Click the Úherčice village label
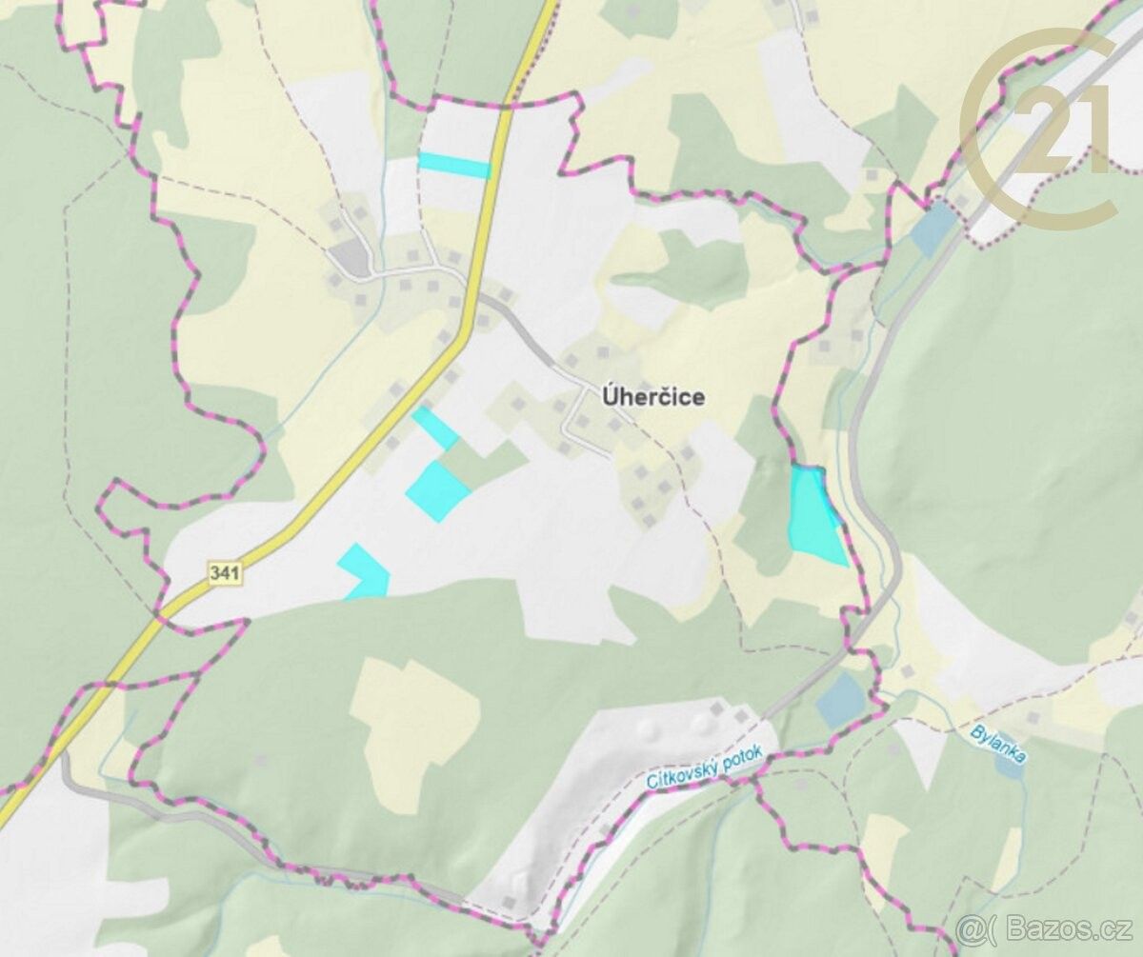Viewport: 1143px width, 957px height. [654, 397]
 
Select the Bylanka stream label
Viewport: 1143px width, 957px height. [998, 743]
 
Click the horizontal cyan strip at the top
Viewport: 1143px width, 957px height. [454, 166]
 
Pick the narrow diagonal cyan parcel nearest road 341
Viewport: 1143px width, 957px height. [436, 428]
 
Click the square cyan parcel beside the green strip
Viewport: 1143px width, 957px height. [438, 491]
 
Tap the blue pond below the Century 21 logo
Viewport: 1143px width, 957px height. [933, 229]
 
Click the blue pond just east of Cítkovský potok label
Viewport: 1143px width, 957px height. [841, 699]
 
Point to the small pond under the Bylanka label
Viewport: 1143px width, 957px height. [1012, 767]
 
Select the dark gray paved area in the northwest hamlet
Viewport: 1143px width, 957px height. [351, 257]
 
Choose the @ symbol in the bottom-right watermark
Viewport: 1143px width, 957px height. [969, 928]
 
